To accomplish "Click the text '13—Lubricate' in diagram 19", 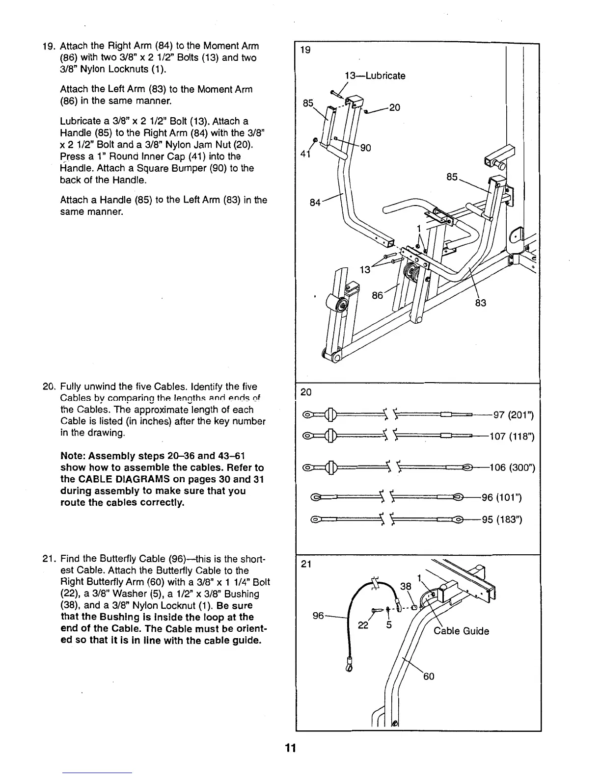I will point(375,76).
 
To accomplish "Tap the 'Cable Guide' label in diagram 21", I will point(461,631).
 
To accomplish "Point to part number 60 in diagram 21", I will point(428,677).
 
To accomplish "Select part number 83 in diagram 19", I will point(481,303).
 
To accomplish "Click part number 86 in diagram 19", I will point(378,295).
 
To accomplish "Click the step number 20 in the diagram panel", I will point(305,392).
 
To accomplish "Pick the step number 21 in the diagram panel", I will point(305,564).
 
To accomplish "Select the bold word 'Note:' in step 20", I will point(74,456).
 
